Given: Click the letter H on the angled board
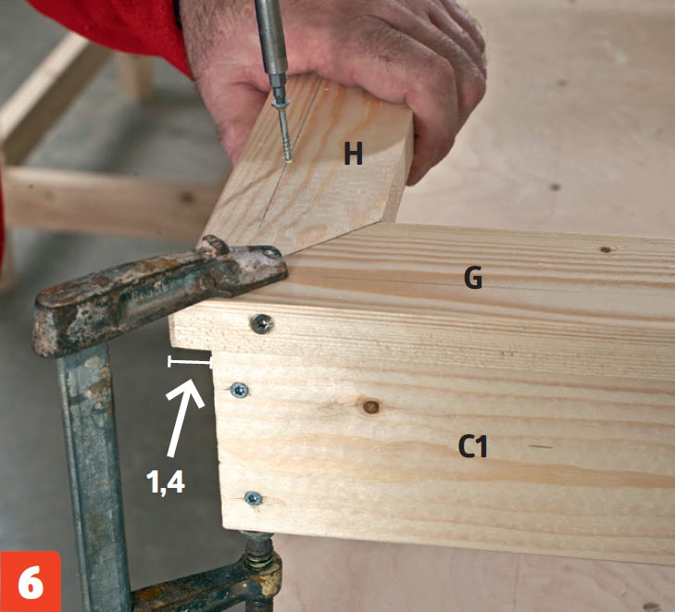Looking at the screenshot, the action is pyautogui.click(x=354, y=154).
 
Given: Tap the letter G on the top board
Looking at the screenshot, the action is pyautogui.click(x=473, y=278).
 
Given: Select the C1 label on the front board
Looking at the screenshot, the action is pyautogui.click(x=472, y=446).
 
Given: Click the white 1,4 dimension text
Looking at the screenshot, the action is pyautogui.click(x=166, y=481).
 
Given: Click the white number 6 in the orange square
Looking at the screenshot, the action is pyautogui.click(x=31, y=581).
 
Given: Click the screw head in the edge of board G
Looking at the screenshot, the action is pyautogui.click(x=262, y=324).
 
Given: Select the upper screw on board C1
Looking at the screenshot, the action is pyautogui.click(x=239, y=391).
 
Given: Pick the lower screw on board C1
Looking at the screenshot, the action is pyautogui.click(x=254, y=498).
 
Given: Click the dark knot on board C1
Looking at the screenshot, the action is pyautogui.click(x=371, y=406).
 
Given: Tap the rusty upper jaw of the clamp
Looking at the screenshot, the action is pyautogui.click(x=159, y=293).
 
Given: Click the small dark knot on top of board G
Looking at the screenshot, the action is pyautogui.click(x=606, y=249).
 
